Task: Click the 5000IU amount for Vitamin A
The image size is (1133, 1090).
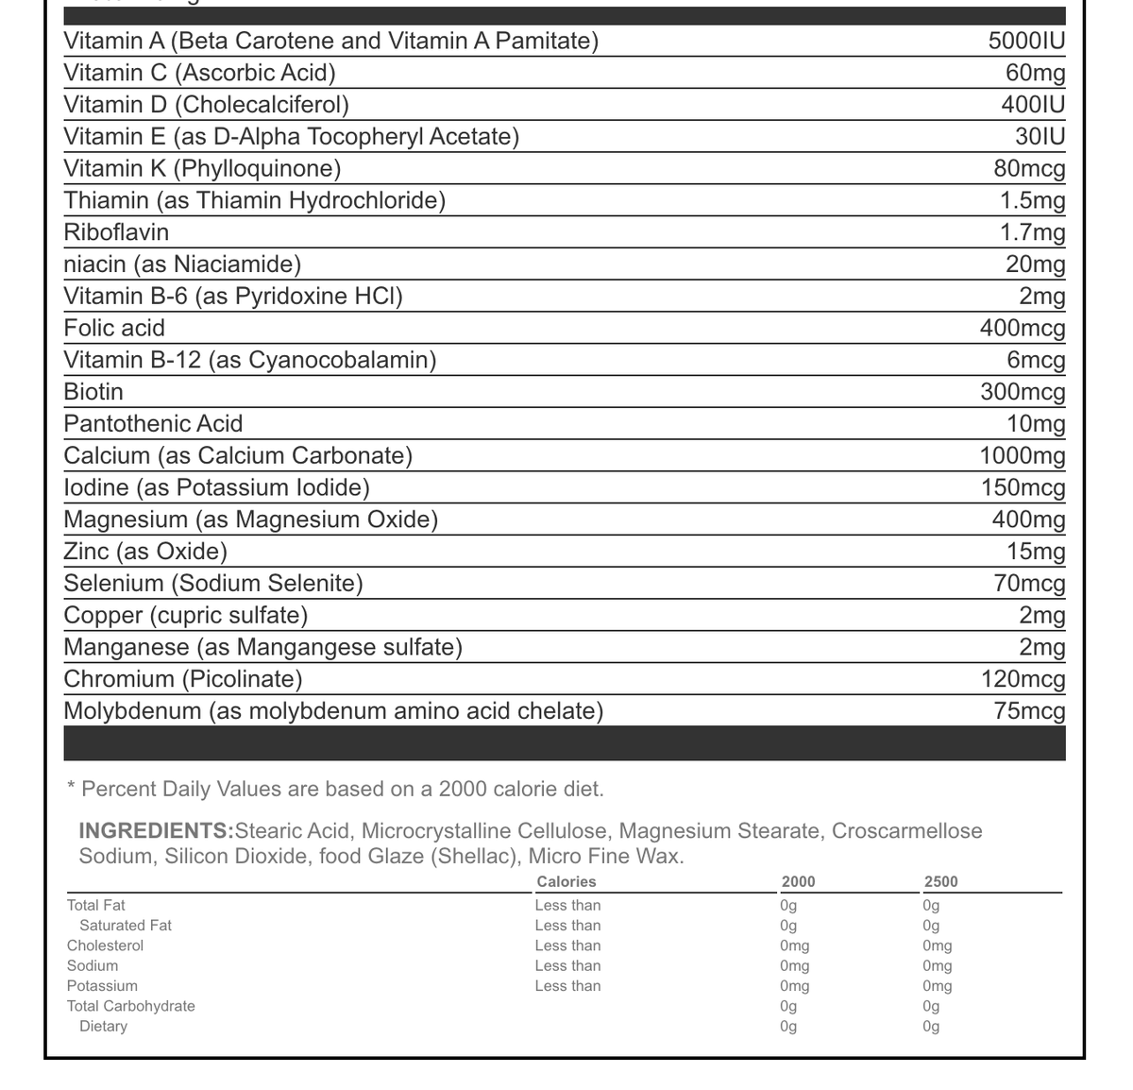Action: pos(1026,42)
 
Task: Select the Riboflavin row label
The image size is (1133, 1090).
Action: pos(116,232)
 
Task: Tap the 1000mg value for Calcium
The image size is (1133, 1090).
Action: pos(1023,456)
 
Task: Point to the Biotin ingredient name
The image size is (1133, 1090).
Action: pos(93,392)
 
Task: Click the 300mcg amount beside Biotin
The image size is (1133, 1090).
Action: pos(1023,392)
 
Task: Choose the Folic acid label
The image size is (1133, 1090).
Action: pos(114,329)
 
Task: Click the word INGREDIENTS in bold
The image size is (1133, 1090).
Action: pos(155,831)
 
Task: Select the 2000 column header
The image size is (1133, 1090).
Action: pos(798,882)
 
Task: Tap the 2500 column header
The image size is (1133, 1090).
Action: pos(940,882)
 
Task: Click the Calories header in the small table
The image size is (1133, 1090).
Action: pos(566,882)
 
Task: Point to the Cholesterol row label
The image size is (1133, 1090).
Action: pos(105,945)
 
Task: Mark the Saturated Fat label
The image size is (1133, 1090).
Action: pos(126,926)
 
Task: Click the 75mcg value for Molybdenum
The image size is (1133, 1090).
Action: pos(1029,711)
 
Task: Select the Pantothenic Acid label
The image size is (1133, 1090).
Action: pos(153,424)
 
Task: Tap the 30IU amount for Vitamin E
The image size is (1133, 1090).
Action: pos(1040,137)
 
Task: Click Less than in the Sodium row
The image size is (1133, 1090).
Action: pos(567,965)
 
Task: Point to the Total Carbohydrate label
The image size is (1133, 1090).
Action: pos(130,1006)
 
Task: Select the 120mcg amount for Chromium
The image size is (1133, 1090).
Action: pos(1023,679)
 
